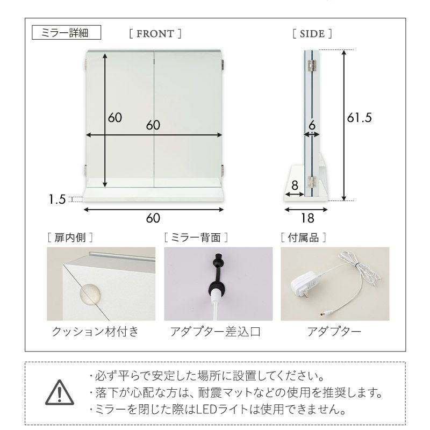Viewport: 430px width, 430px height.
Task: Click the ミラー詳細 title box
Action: pos(67,33)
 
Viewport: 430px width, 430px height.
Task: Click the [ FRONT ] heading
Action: pos(155,34)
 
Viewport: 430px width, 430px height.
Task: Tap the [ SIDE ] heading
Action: pos(312,34)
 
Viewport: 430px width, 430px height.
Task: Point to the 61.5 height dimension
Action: pos(359,118)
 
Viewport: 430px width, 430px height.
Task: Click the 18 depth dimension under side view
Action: pos(307,218)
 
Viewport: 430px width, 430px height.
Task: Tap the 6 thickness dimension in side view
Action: pos(312,126)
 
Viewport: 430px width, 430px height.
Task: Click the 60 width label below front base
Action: pos(154,218)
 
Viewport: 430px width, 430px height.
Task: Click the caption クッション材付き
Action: pos(95,332)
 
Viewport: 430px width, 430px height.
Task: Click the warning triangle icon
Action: pos(58,394)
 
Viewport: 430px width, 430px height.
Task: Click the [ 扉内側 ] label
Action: pos(69,236)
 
